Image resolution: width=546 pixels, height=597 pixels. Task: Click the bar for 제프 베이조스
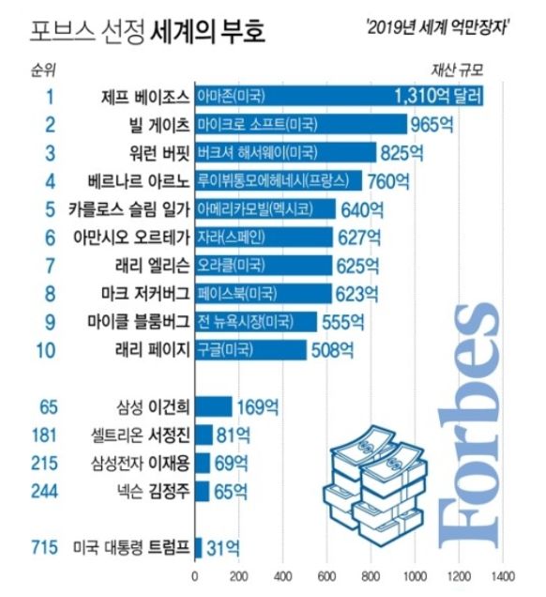click(339, 96)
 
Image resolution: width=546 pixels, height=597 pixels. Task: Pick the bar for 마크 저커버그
click(263, 294)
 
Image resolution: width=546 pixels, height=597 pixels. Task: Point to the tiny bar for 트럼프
click(198, 546)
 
